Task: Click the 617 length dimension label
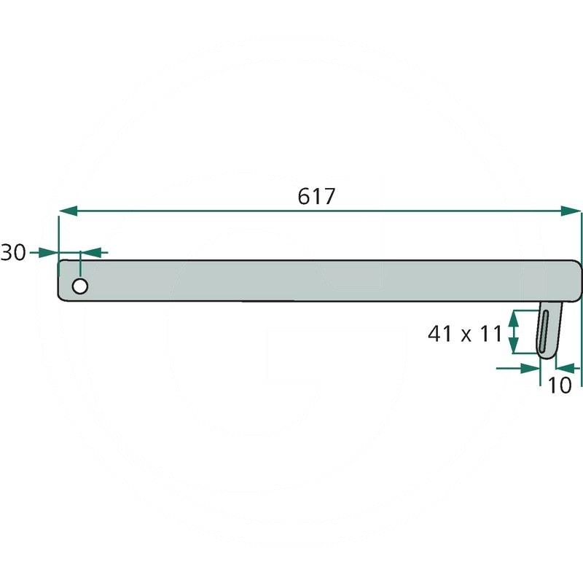(x=316, y=196)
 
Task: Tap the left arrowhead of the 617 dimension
(x=69, y=211)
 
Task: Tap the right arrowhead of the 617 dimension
(x=571, y=211)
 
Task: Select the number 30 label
(x=13, y=252)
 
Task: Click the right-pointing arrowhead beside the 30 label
(x=49, y=253)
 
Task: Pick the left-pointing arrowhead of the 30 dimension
(x=90, y=253)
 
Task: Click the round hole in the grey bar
(x=80, y=286)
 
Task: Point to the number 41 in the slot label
(x=440, y=334)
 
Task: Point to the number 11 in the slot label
(x=490, y=334)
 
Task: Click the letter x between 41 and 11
(x=466, y=336)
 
